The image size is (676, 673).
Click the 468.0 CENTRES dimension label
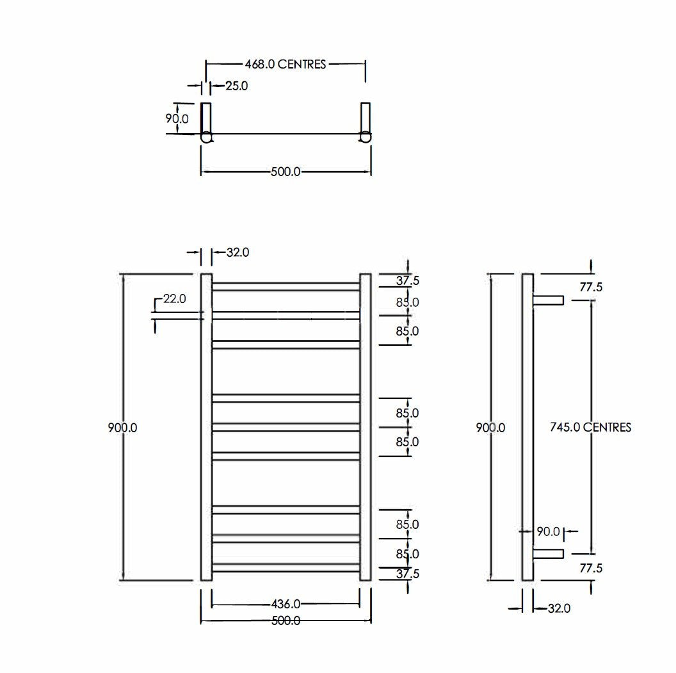[286, 64]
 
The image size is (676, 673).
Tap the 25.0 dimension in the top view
[236, 86]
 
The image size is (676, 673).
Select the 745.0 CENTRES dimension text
[590, 427]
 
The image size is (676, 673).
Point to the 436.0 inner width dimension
[286, 604]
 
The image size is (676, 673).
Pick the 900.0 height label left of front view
[122, 428]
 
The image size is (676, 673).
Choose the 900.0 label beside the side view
[490, 428]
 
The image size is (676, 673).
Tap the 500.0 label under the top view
[286, 172]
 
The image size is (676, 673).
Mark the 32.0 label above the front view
[237, 253]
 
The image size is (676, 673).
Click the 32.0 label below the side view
[558, 608]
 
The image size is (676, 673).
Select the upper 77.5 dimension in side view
[591, 288]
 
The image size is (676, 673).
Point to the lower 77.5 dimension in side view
[591, 568]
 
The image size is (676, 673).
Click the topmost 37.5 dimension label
[407, 280]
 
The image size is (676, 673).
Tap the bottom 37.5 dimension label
[407, 574]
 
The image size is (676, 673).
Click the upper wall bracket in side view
[548, 300]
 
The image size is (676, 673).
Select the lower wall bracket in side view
[548, 553]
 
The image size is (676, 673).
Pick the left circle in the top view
[207, 137]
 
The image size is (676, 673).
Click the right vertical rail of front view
[366, 427]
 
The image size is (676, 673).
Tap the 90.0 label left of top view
[177, 119]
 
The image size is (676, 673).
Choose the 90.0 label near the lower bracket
[548, 531]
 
